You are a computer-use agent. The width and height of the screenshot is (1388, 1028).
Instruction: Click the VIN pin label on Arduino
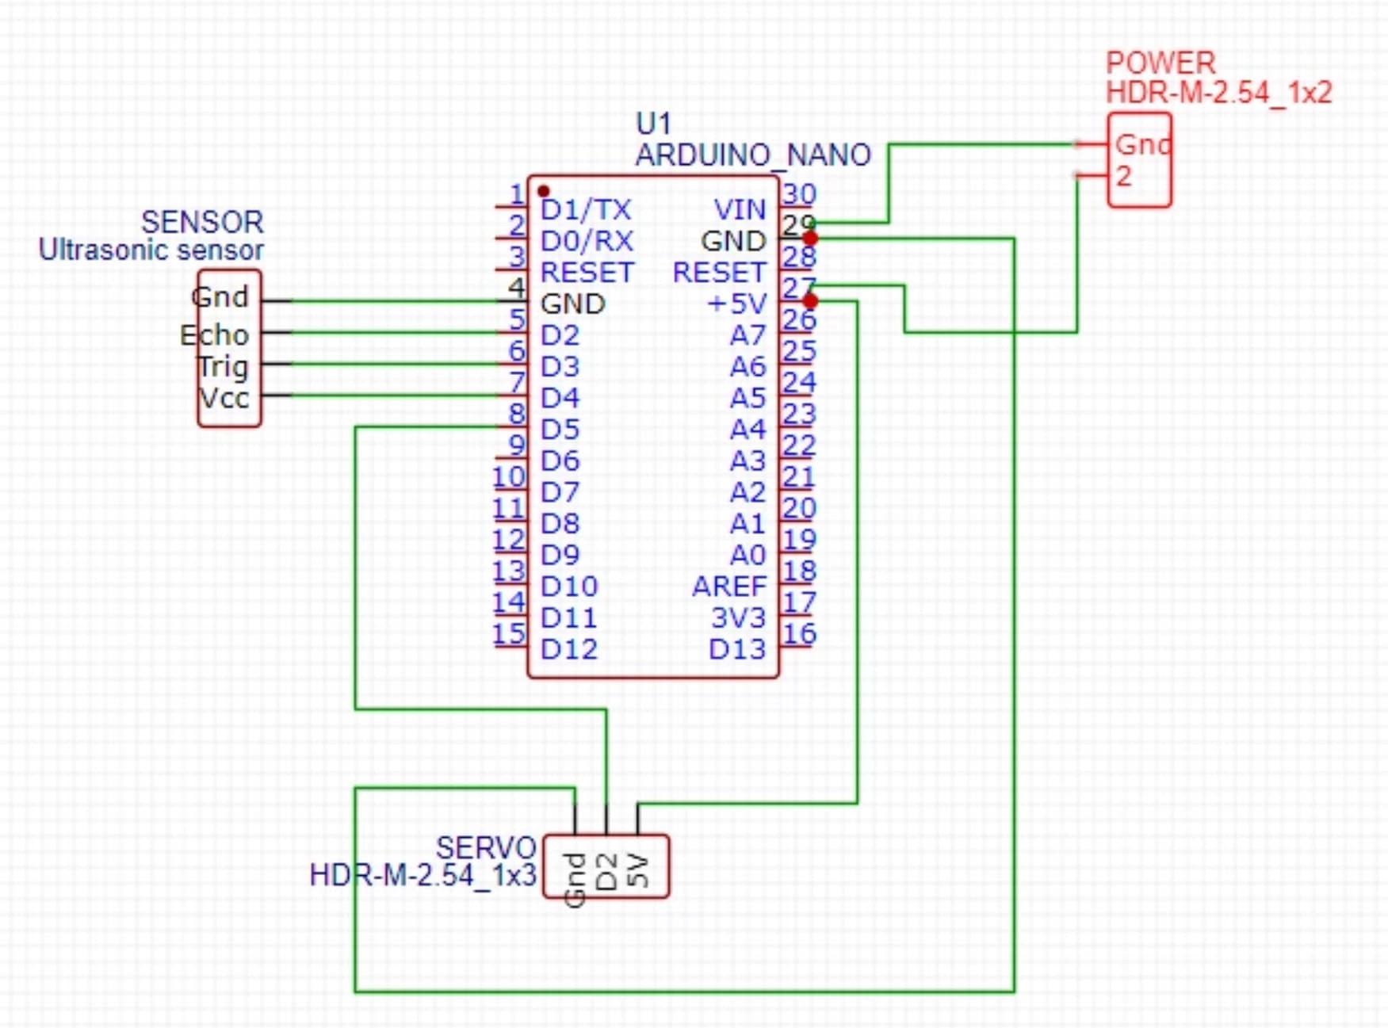click(x=740, y=210)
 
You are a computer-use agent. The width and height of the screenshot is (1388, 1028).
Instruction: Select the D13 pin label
click(x=737, y=649)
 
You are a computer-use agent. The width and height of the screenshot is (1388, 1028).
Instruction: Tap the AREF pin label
click(x=729, y=587)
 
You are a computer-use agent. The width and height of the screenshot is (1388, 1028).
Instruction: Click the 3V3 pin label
click(x=738, y=618)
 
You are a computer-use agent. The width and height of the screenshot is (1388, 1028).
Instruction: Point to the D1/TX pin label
click(x=586, y=210)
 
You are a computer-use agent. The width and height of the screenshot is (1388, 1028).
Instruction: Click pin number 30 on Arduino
click(x=799, y=194)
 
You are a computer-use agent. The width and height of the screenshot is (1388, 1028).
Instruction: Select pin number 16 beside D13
click(x=799, y=633)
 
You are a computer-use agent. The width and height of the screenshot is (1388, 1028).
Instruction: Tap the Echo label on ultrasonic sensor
click(x=214, y=335)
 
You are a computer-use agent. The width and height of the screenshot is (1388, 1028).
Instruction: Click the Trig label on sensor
click(x=222, y=367)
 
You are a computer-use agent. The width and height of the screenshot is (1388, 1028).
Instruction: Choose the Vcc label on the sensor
click(x=224, y=398)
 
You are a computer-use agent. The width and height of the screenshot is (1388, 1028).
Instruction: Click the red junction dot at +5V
click(x=810, y=301)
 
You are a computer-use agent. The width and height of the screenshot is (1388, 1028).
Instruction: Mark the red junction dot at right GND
click(x=810, y=238)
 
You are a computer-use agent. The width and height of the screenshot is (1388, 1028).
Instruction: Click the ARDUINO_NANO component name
click(x=753, y=155)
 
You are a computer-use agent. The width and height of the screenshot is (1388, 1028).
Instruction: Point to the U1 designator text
click(x=653, y=124)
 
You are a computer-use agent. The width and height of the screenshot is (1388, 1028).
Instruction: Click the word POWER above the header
click(x=1160, y=63)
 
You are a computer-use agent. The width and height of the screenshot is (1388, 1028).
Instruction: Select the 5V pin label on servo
click(x=638, y=870)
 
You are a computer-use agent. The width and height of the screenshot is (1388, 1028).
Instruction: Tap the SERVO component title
click(x=486, y=848)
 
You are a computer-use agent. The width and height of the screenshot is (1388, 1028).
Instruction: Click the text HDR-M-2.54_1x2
click(x=1218, y=93)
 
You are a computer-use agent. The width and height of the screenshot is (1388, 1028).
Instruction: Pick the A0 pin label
click(x=748, y=555)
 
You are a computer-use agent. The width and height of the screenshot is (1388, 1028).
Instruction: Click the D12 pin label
click(x=568, y=649)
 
